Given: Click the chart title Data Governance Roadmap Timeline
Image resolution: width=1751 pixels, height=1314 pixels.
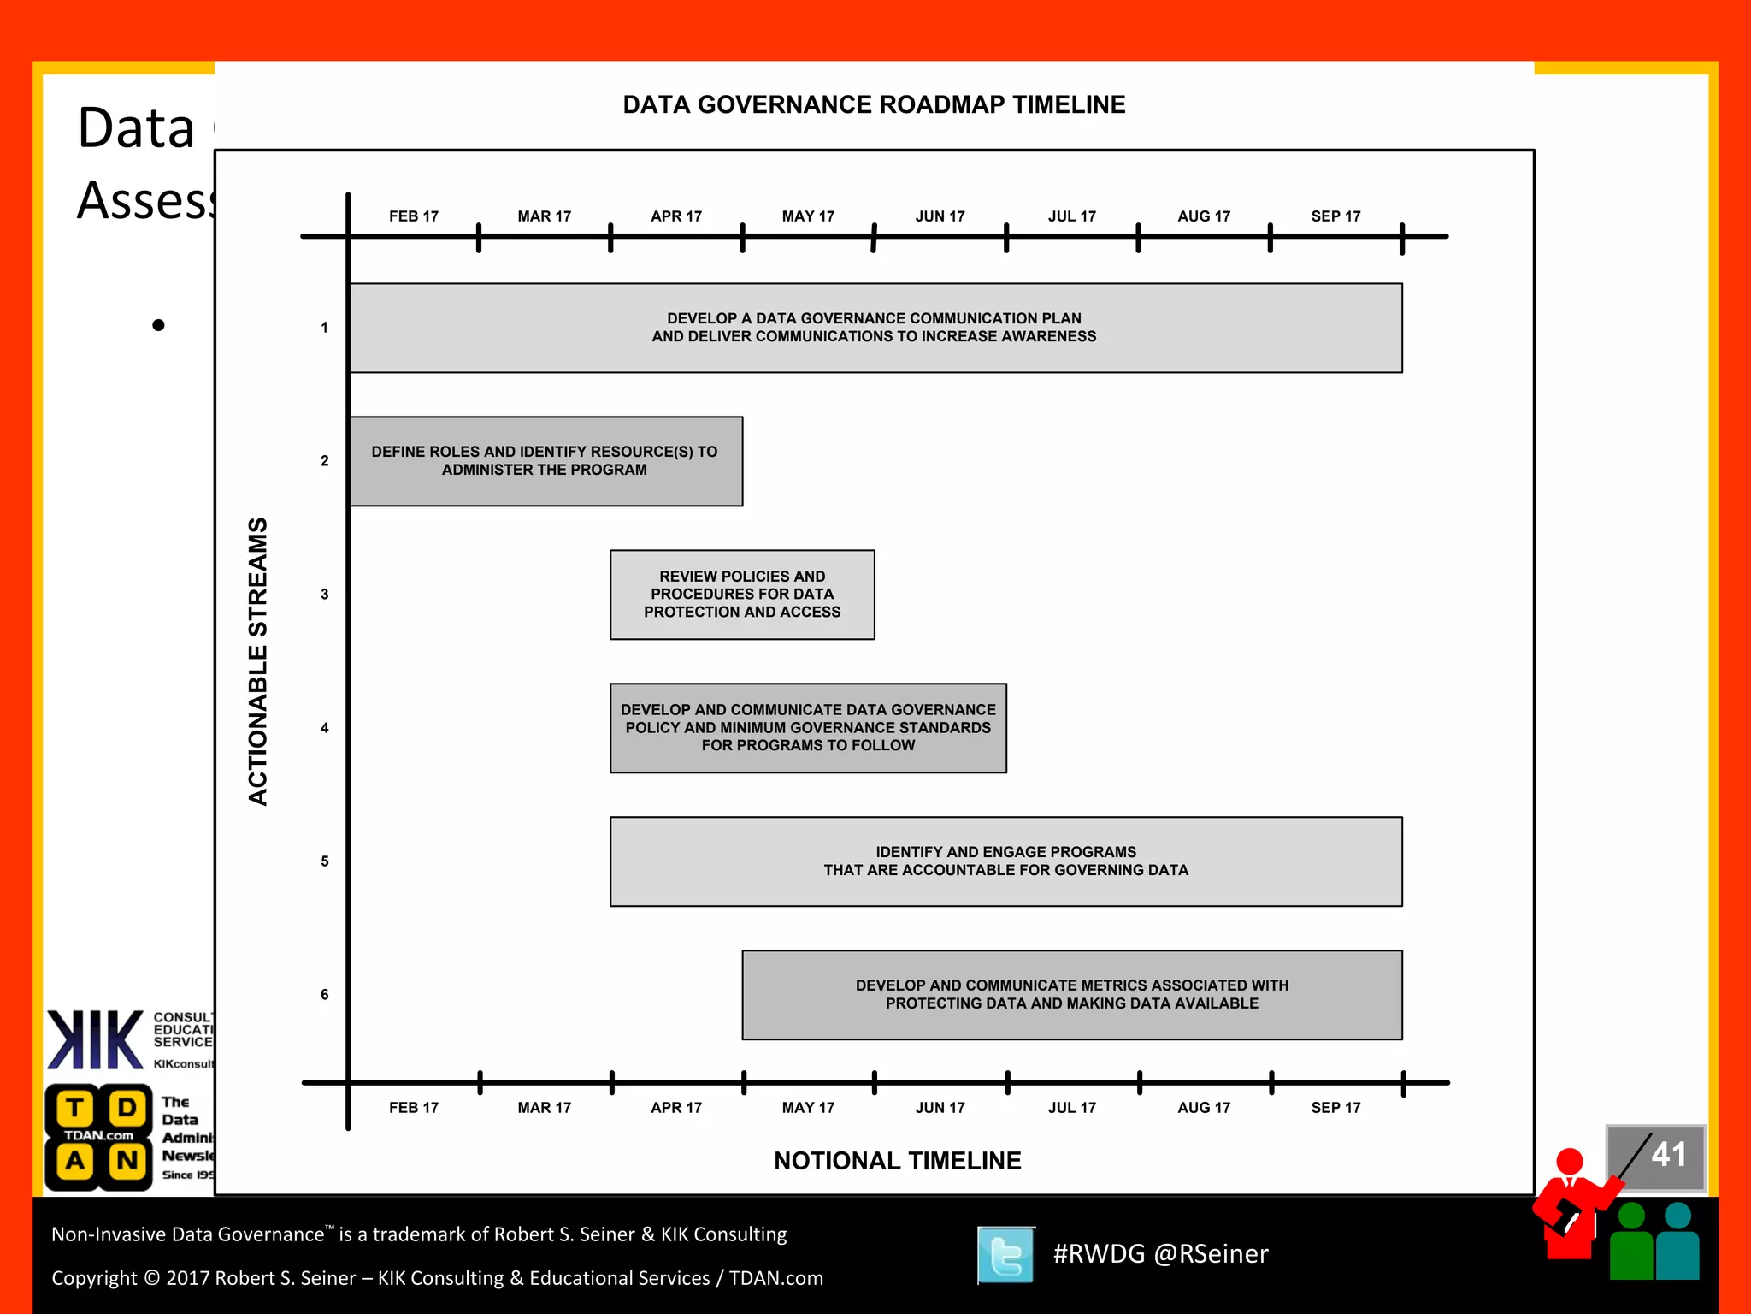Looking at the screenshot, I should tap(874, 104).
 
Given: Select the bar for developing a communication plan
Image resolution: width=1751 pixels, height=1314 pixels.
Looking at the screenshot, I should tap(875, 328).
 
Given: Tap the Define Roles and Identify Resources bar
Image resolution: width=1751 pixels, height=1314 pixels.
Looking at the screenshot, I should tap(545, 461).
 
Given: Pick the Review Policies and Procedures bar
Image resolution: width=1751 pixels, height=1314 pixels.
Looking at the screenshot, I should tap(742, 595).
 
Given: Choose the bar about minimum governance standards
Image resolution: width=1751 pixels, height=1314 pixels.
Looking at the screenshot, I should tap(808, 728).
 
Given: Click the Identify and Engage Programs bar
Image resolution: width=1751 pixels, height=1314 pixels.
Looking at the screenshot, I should tap(1005, 861).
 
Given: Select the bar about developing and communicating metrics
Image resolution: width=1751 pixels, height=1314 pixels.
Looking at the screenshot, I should tap(1071, 995).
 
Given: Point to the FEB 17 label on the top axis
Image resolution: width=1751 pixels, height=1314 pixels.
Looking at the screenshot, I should tap(414, 216).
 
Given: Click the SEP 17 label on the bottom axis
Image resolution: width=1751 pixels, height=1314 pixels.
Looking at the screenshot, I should tap(1335, 1108).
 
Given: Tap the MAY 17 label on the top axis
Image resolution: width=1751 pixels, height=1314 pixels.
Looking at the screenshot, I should tap(808, 216).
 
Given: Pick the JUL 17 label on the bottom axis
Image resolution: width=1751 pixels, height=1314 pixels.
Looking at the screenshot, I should tap(1072, 1108).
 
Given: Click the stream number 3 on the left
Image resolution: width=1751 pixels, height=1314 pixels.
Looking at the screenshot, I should tap(325, 595).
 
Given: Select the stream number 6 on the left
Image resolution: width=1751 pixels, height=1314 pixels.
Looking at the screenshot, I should tap(325, 995).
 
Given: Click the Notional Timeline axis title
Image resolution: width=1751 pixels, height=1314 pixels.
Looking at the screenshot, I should tap(897, 1161).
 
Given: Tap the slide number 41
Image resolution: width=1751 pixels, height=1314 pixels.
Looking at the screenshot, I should tap(1668, 1155).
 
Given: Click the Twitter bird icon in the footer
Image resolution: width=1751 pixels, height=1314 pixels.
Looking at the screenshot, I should tap(1005, 1255).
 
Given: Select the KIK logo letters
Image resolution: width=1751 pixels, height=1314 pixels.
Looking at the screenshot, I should tap(95, 1040).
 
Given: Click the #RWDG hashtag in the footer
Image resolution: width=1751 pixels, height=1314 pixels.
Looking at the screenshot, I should tap(1099, 1254).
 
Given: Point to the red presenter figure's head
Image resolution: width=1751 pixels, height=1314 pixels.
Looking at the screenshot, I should tap(1570, 1162).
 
